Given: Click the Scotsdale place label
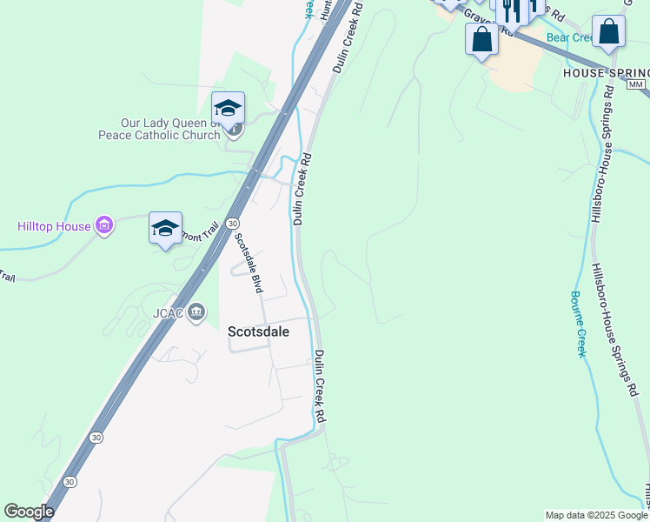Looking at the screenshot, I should coord(258,331).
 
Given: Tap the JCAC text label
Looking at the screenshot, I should coord(170,311).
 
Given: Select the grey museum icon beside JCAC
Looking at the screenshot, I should coord(196,311).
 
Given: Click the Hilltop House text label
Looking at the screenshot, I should coord(54,226).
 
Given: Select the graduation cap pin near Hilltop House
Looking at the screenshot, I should coord(165,229).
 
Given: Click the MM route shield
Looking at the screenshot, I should coord(637,84).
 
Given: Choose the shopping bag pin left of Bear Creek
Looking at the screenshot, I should coord(481,39).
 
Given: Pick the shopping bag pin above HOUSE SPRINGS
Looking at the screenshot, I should coord(608,32).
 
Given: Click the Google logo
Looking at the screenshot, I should coord(29,512).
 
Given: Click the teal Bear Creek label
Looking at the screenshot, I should coord(569,38).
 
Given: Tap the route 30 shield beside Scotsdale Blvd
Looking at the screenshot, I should coord(233,224).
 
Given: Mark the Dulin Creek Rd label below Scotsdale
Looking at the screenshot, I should coord(320,386).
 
